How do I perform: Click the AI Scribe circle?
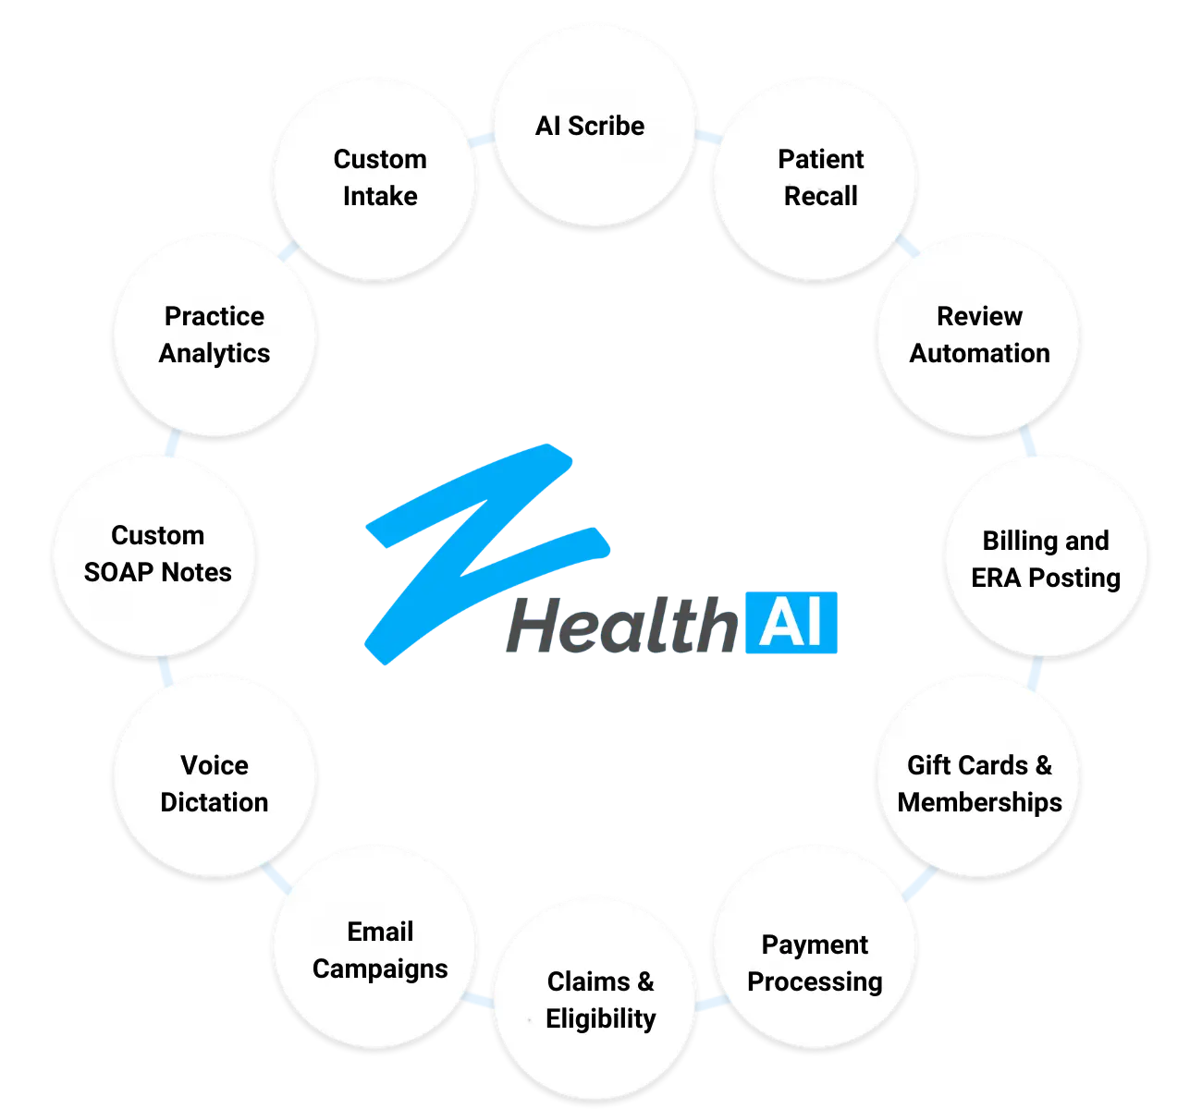click(593, 125)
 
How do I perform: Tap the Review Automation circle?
click(978, 335)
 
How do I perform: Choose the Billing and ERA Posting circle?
click(1045, 557)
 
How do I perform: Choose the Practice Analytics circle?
click(215, 335)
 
